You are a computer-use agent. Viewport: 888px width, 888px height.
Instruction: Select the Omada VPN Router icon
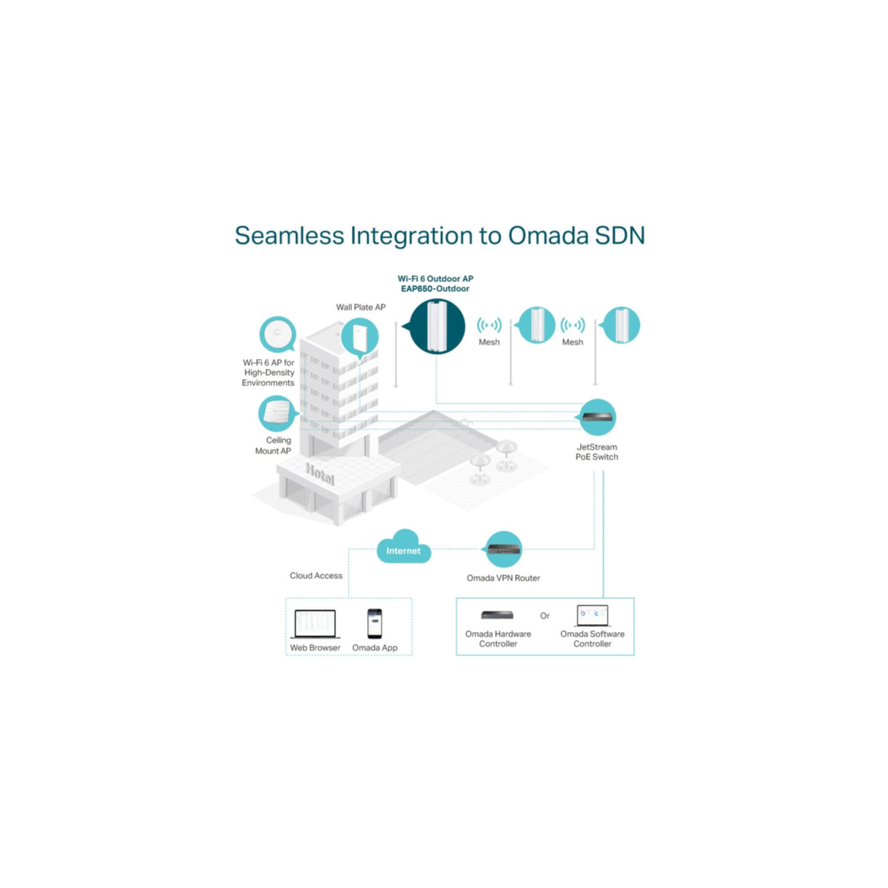(504, 549)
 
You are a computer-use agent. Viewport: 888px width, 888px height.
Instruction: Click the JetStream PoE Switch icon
(598, 418)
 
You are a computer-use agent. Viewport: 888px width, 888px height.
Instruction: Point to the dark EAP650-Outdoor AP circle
(437, 327)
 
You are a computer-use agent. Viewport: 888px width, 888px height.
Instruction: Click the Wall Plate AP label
(361, 307)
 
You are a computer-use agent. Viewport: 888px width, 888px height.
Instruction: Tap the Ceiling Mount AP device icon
(277, 413)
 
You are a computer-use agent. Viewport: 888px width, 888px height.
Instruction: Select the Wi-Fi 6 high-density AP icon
(277, 335)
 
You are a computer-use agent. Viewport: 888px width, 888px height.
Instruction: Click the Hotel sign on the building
(320, 474)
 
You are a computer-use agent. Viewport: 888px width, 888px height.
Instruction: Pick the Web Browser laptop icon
(315, 624)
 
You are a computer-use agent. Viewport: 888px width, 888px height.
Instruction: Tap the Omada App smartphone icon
(375, 624)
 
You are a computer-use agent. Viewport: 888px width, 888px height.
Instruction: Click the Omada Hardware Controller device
(497, 615)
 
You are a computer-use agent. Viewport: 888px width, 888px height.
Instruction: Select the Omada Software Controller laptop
(592, 614)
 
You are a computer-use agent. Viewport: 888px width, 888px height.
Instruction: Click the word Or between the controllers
(545, 616)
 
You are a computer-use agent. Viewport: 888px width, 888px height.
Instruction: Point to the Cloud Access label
(316, 576)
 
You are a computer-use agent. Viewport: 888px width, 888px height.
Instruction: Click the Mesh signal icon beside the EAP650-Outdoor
(489, 325)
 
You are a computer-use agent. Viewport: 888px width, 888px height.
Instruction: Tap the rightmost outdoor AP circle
(621, 326)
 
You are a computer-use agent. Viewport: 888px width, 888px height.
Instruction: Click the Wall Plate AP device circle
(361, 338)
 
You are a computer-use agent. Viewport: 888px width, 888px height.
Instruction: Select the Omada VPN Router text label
(503, 578)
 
